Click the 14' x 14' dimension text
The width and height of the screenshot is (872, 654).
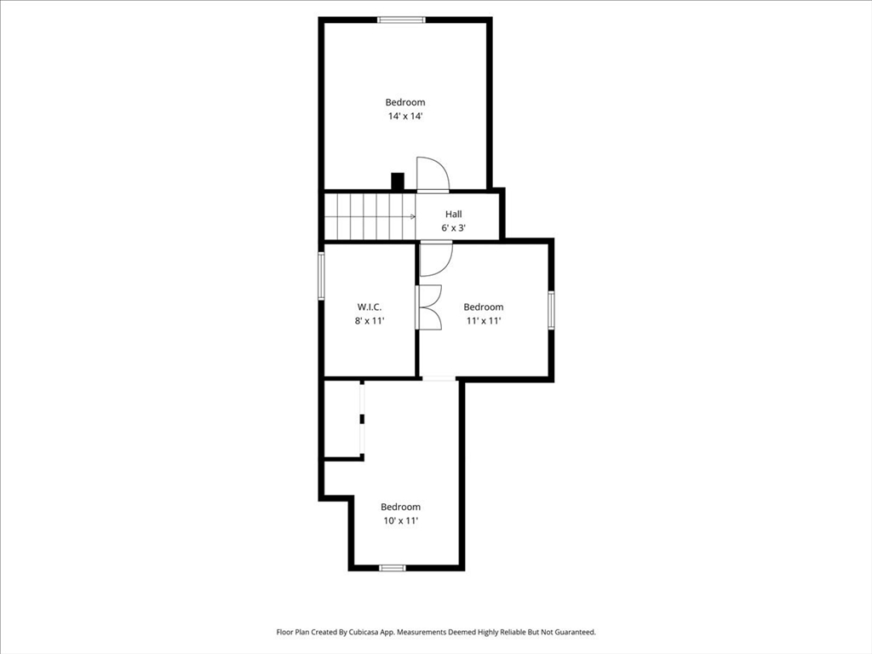(404, 117)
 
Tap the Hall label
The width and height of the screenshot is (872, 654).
(453, 214)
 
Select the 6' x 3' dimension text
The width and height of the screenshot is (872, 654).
(453, 228)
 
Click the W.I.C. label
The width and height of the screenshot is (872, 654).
(369, 307)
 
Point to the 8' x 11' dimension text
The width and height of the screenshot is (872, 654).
(370, 321)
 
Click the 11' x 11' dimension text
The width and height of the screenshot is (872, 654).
(483, 321)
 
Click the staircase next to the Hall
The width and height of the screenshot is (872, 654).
(369, 216)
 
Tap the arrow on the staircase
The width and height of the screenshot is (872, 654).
(411, 216)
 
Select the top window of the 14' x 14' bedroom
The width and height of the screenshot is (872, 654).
(401, 20)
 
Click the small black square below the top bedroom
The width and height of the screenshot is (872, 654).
(397, 181)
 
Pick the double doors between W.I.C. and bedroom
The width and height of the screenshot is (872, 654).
(429, 307)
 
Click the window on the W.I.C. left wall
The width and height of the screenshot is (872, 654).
(322, 275)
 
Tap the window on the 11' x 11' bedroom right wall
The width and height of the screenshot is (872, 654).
(552, 309)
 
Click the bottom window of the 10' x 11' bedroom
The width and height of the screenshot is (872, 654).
(393, 567)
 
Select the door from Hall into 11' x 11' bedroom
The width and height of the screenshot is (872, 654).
(435, 259)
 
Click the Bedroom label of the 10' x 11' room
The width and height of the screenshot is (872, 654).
(400, 507)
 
